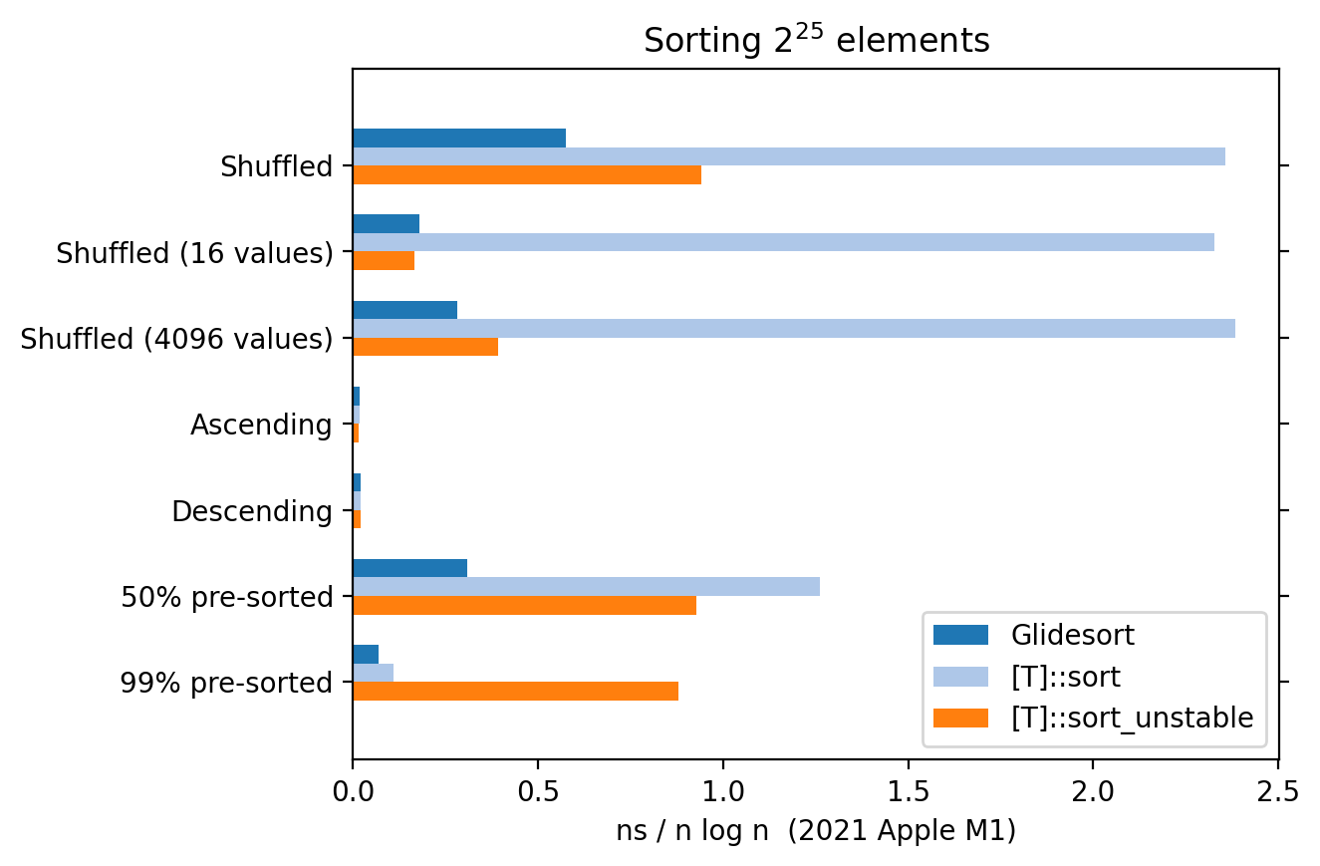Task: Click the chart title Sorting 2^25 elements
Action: coord(816,41)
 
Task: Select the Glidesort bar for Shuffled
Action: coord(459,139)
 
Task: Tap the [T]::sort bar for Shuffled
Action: coord(788,156)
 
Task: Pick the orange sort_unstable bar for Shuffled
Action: coord(527,174)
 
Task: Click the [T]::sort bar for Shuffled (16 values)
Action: coord(783,242)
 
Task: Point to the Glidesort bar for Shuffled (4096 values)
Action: coord(404,310)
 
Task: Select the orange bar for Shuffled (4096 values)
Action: coord(425,347)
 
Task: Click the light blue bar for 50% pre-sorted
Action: coord(586,587)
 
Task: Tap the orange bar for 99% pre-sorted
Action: coord(515,691)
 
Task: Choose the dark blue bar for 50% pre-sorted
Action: coord(409,569)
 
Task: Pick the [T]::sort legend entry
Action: coord(1065,677)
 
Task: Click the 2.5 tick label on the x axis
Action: coord(1278,793)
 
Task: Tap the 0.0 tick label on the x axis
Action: coord(353,793)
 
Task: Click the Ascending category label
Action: coord(261,426)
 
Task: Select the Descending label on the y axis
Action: coord(252,512)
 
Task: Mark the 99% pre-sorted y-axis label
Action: coord(226,684)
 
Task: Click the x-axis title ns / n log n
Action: coord(816,831)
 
